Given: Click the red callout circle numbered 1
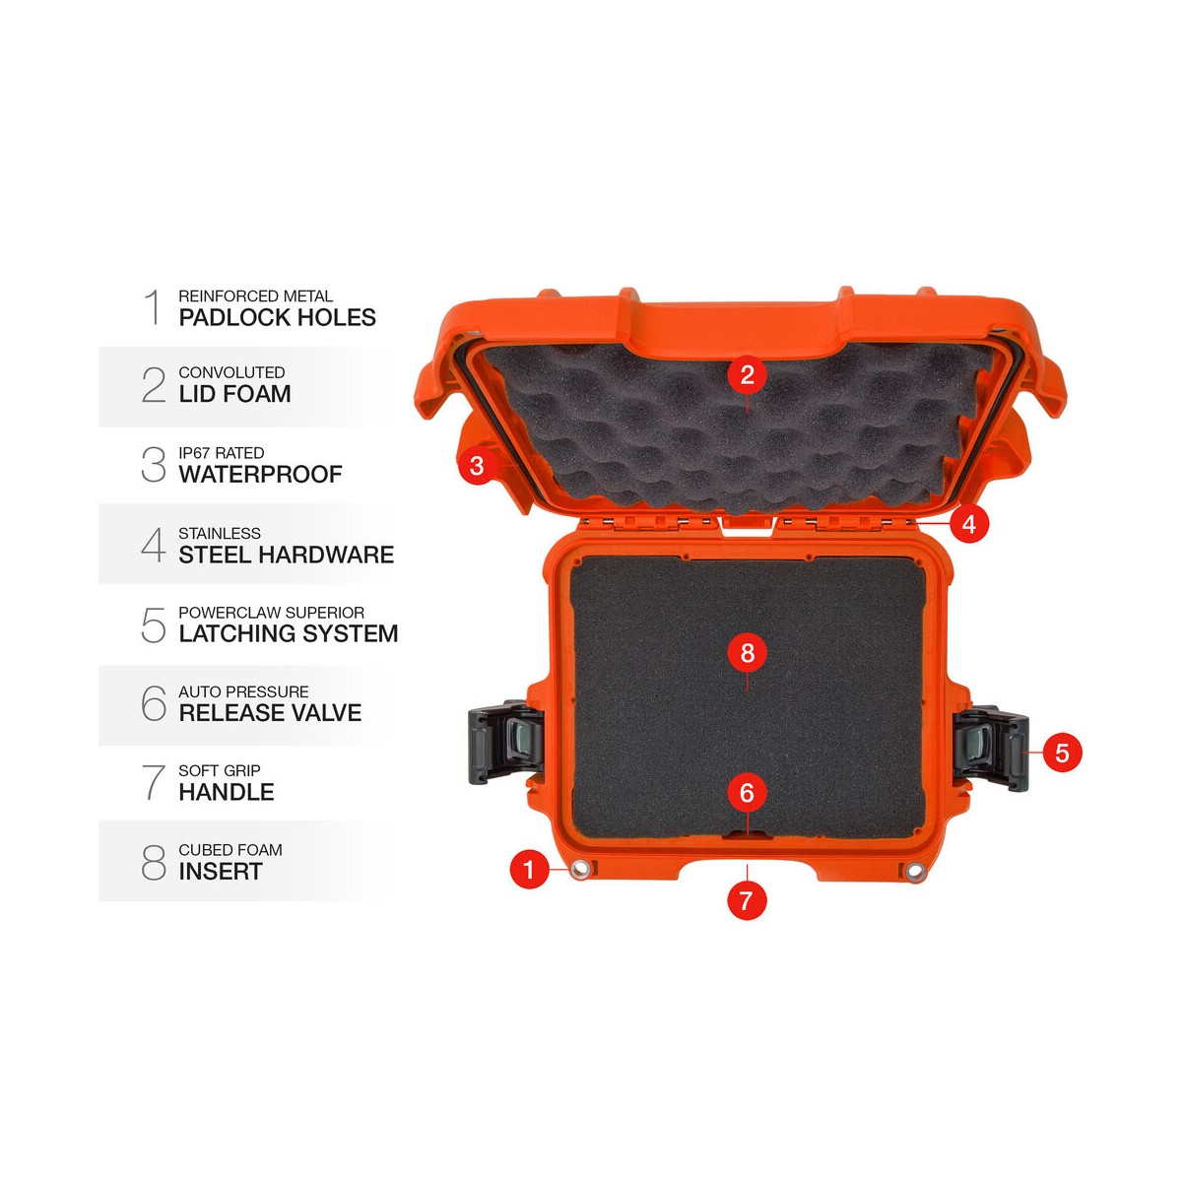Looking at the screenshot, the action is pyautogui.click(x=529, y=869).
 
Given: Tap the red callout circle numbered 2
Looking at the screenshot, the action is pyautogui.click(x=747, y=374).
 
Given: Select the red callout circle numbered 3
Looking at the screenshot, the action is pyautogui.click(x=477, y=466).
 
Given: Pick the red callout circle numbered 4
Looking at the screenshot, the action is pyautogui.click(x=969, y=523).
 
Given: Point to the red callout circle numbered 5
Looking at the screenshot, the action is pyautogui.click(x=1062, y=753).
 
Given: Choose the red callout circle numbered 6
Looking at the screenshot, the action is pyautogui.click(x=747, y=793).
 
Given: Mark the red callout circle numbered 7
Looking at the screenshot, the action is pyautogui.click(x=747, y=900).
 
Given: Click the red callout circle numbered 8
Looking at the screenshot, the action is pyautogui.click(x=747, y=653).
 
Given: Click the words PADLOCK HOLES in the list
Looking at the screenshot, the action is pyautogui.click(x=277, y=318).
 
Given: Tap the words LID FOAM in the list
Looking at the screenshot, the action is pyautogui.click(x=235, y=394).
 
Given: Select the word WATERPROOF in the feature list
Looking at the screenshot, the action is pyautogui.click(x=261, y=474).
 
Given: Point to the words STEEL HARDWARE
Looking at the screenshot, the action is pyautogui.click(x=287, y=555).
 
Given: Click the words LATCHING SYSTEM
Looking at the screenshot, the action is pyautogui.click(x=289, y=633).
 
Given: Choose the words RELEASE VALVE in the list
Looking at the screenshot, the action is pyautogui.click(x=270, y=713).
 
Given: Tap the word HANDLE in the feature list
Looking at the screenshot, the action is pyautogui.click(x=227, y=792).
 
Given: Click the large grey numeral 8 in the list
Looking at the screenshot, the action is pyautogui.click(x=154, y=862).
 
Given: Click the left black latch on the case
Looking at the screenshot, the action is pyautogui.click(x=505, y=743).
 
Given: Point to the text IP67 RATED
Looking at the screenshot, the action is pyautogui.click(x=221, y=453).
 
